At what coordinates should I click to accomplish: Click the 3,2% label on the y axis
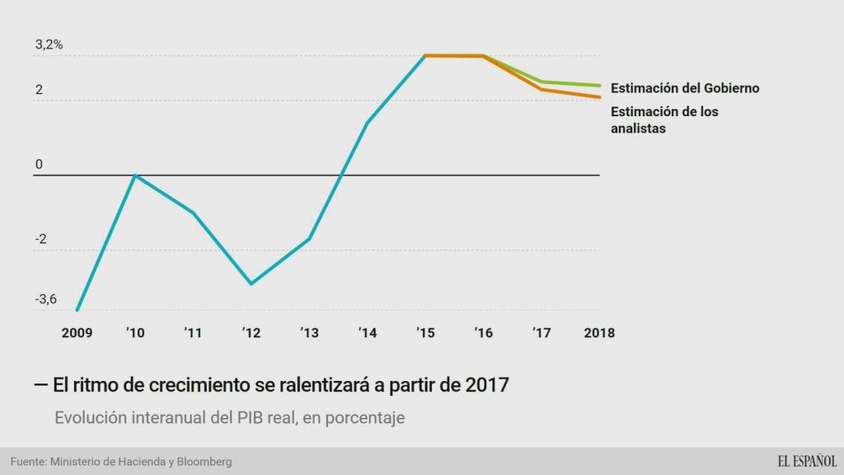click(49, 45)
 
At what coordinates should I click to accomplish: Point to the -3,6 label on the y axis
click(46, 299)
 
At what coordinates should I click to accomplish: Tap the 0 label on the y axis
click(39, 165)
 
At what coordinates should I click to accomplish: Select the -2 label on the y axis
click(41, 240)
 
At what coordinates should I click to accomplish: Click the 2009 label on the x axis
click(77, 333)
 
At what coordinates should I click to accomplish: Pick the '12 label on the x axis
click(251, 333)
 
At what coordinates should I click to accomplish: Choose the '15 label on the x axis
click(425, 333)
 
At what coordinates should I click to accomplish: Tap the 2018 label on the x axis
click(599, 333)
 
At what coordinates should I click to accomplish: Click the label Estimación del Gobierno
click(685, 87)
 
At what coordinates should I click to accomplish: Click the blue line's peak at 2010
click(135, 175)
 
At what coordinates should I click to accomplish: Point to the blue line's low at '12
click(251, 284)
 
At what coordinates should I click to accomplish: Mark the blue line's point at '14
click(367, 123)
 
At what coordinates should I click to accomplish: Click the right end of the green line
click(599, 85)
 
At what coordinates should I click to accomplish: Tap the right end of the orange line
click(599, 97)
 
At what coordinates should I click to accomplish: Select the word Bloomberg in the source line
click(204, 462)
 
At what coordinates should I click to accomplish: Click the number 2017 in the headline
click(486, 384)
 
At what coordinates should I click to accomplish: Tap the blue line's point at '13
click(309, 239)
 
